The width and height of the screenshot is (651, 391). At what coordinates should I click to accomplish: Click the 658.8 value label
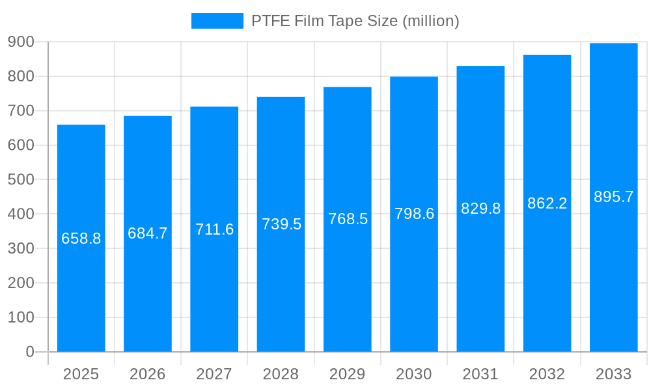pos(81,239)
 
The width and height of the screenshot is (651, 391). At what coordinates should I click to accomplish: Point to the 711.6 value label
pos(214,229)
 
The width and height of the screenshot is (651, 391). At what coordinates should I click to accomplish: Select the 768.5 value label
pos(348,219)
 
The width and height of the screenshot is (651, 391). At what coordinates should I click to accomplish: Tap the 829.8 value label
pos(480,209)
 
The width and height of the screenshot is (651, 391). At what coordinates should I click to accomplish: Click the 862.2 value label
pos(547,203)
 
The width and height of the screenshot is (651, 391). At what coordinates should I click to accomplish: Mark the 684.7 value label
pos(148,233)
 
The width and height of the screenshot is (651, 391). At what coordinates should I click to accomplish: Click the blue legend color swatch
pos(217,21)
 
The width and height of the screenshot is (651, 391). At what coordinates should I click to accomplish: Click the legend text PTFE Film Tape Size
pos(355,21)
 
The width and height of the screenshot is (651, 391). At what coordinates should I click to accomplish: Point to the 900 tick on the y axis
pos(21,42)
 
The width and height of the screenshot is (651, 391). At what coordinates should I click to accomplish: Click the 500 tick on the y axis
pos(21,179)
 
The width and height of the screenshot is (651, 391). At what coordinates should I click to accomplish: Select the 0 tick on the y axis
pos(30,352)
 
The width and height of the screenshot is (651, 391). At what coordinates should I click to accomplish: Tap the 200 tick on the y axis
pos(21,283)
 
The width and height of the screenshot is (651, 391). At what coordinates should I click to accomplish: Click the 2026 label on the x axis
pos(148,374)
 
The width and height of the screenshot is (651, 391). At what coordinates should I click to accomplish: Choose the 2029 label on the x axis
pos(348,374)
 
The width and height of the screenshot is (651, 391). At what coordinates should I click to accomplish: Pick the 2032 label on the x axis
pos(547,374)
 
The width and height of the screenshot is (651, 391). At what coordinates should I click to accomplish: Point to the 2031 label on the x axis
pos(480,374)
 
